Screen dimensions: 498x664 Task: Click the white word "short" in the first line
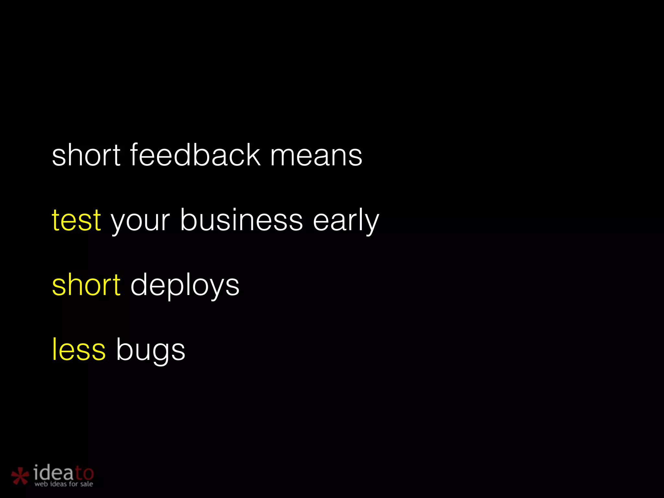pyautogui.click(x=86, y=156)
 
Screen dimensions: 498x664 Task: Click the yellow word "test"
pyautogui.click(x=77, y=221)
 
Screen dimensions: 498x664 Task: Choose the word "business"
pyautogui.click(x=242, y=220)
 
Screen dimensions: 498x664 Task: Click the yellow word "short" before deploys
pyautogui.click(x=86, y=285)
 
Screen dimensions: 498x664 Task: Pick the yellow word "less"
pyautogui.click(x=79, y=350)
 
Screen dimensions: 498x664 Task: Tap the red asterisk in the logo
pyautogui.click(x=20, y=476)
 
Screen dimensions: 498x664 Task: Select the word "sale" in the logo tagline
pyautogui.click(x=87, y=484)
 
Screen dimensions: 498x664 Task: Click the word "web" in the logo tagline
pyautogui.click(x=41, y=484)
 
